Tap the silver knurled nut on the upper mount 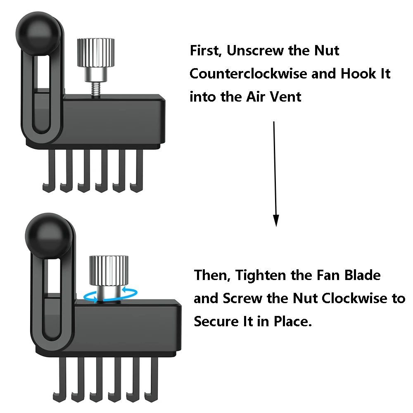(x=96, y=53)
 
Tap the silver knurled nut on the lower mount (x=109, y=270)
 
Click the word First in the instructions (x=205, y=51)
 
